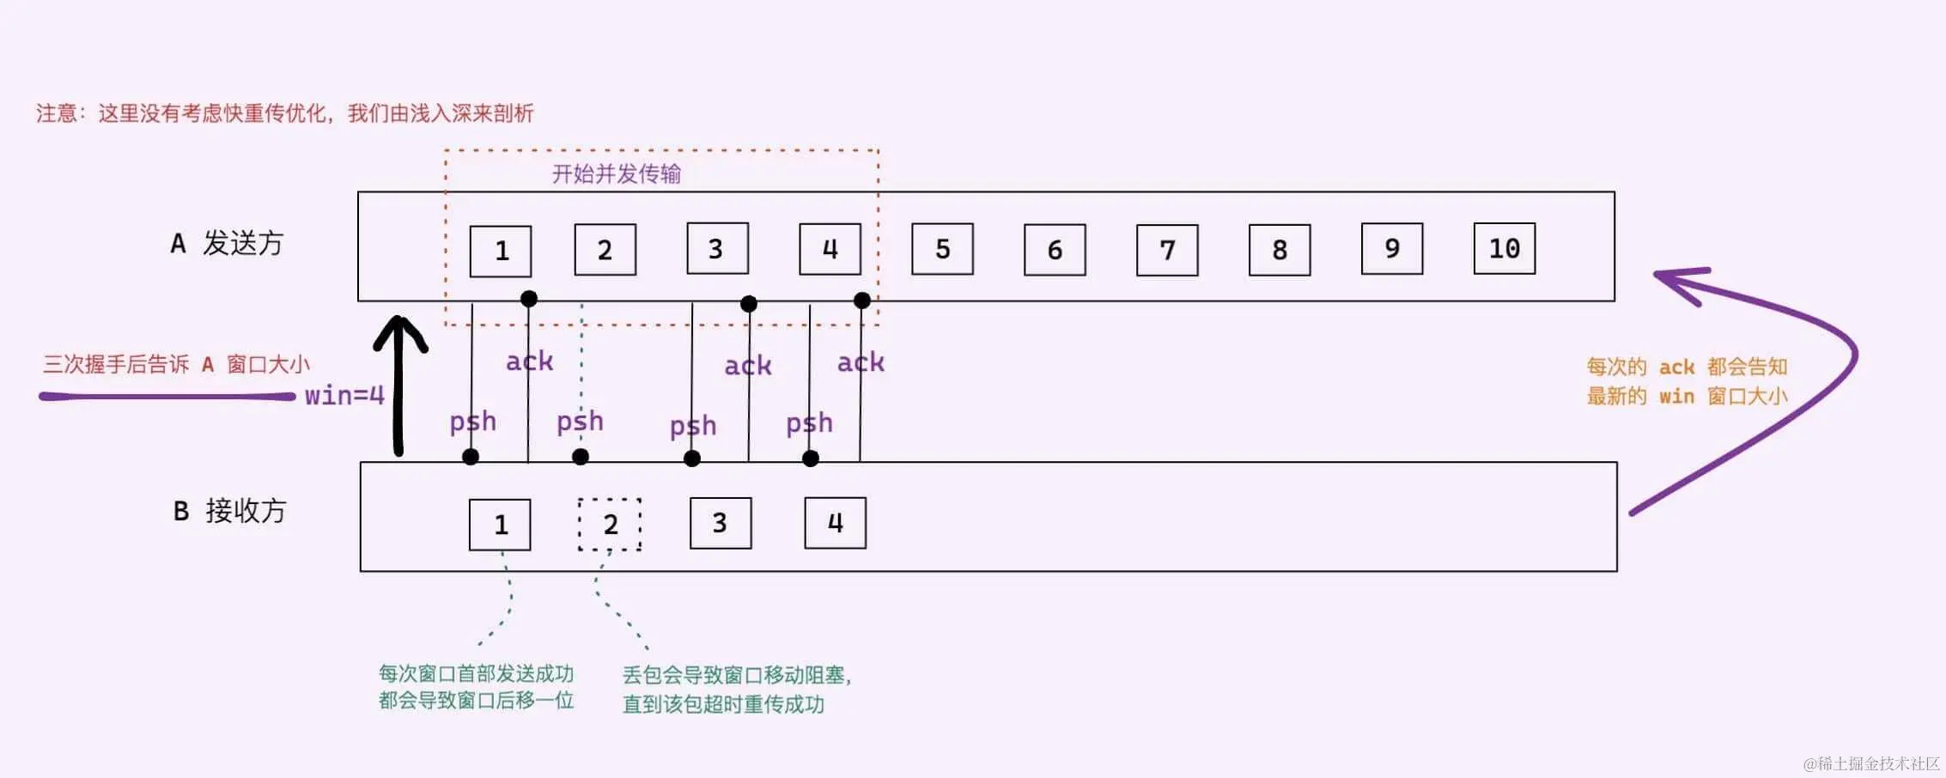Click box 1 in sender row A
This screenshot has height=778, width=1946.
(x=501, y=251)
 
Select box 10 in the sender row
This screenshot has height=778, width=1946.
(x=1504, y=249)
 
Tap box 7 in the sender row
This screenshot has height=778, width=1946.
(x=1167, y=251)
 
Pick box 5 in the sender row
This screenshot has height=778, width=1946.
(x=942, y=250)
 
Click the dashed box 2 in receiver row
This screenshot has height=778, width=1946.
(x=610, y=524)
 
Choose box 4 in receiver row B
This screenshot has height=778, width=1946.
(x=835, y=523)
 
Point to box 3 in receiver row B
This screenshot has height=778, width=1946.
(x=721, y=523)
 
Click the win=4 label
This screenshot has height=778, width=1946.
(x=344, y=396)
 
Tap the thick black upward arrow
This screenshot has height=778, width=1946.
(x=399, y=386)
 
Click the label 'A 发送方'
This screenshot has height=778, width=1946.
(x=227, y=244)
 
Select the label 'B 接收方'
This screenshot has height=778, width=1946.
(x=229, y=512)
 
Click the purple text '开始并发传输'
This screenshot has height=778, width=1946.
(x=616, y=174)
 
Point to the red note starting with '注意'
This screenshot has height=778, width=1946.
(x=284, y=113)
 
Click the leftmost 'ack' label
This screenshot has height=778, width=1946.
(x=529, y=362)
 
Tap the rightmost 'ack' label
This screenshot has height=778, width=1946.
(x=860, y=362)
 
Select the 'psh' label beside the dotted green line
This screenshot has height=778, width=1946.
(x=580, y=422)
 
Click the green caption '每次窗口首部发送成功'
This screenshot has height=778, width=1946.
(x=476, y=673)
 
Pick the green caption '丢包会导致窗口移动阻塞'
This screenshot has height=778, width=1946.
(x=736, y=675)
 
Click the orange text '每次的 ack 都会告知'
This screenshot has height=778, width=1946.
(x=1687, y=368)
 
